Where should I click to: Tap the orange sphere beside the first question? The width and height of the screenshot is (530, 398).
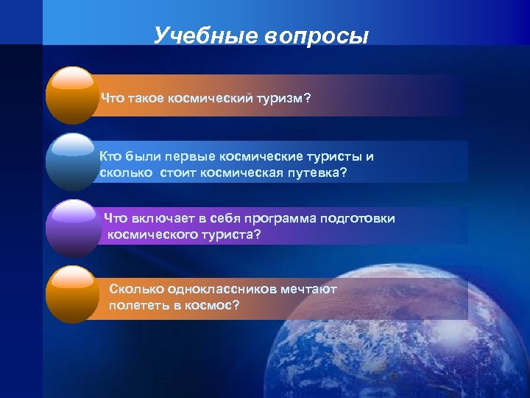[x=72, y=95]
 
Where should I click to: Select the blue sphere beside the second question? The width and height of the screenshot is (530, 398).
[x=72, y=161]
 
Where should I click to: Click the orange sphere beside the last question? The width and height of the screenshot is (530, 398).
[x=72, y=294]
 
